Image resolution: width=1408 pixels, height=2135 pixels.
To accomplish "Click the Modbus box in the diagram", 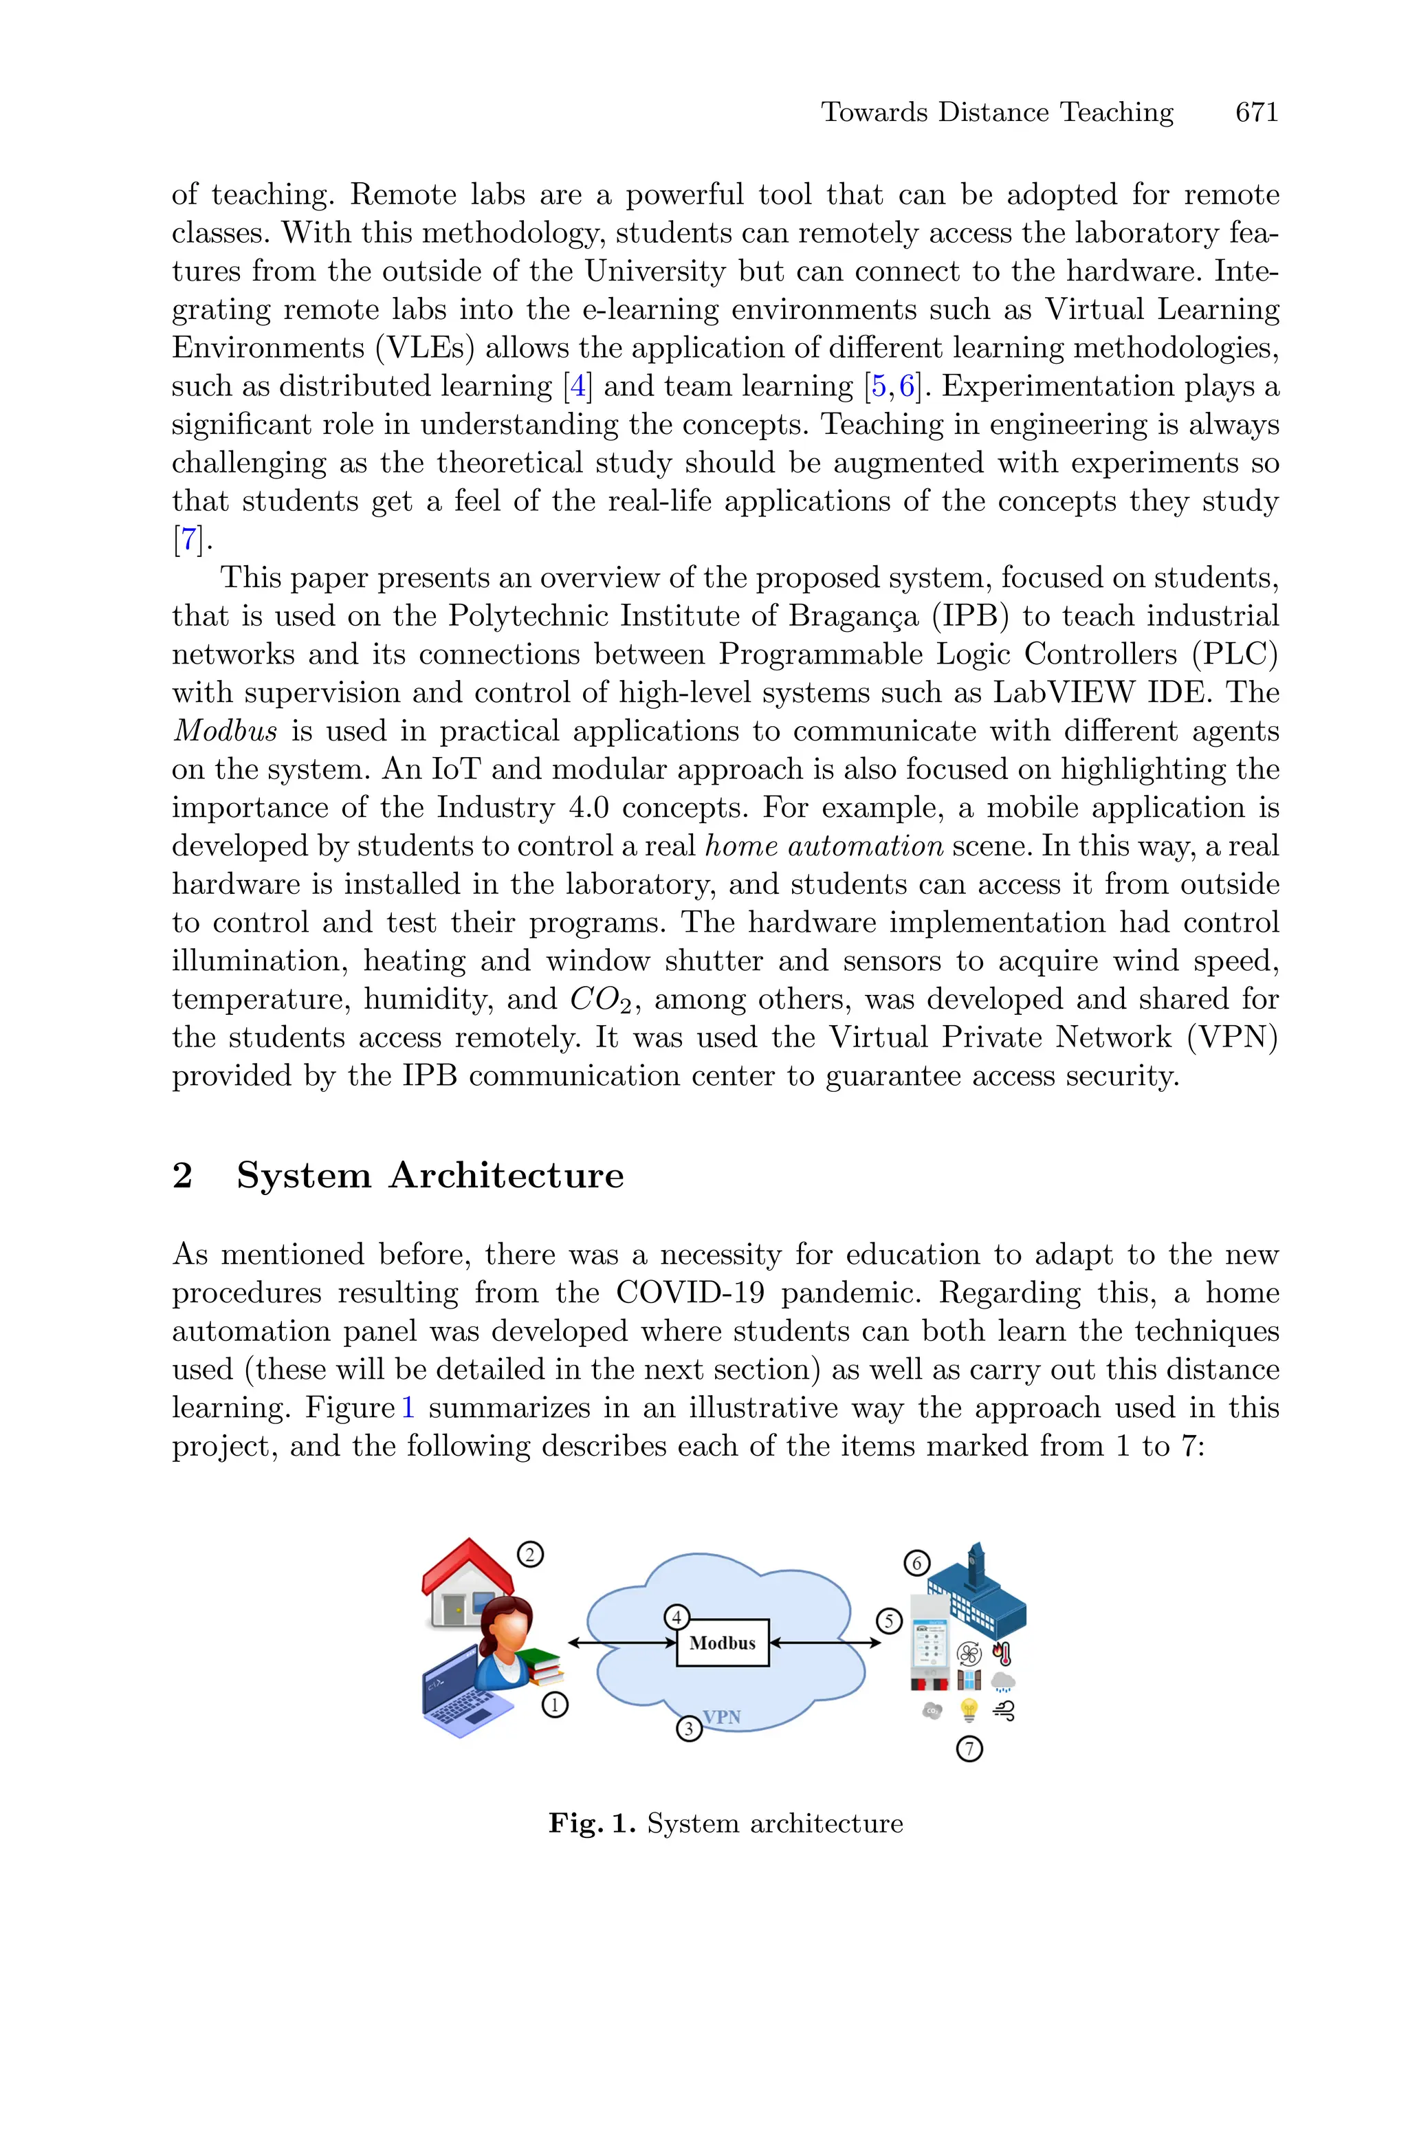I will click(722, 1642).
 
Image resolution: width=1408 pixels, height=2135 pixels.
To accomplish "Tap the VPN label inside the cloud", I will click(721, 1717).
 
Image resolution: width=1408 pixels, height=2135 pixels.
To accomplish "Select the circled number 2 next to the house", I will click(530, 1553).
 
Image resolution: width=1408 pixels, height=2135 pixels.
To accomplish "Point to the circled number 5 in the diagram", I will click(888, 1621).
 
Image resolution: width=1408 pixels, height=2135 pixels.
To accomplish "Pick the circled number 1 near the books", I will click(555, 1704).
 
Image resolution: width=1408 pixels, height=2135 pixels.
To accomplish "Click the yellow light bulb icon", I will click(968, 1709).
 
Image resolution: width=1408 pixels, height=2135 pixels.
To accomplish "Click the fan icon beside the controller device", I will click(969, 1653).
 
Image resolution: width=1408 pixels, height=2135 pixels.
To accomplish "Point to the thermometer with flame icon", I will click(1002, 1652).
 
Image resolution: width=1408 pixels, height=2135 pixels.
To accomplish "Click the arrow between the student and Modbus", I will click(621, 1643).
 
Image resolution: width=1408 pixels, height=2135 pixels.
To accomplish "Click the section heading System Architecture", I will click(429, 1175).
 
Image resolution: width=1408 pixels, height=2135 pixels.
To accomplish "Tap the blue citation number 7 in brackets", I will click(188, 540).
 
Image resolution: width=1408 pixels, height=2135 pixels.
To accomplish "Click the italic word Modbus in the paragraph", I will click(225, 731).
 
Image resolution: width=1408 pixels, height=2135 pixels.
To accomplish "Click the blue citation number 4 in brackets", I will click(577, 386).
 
